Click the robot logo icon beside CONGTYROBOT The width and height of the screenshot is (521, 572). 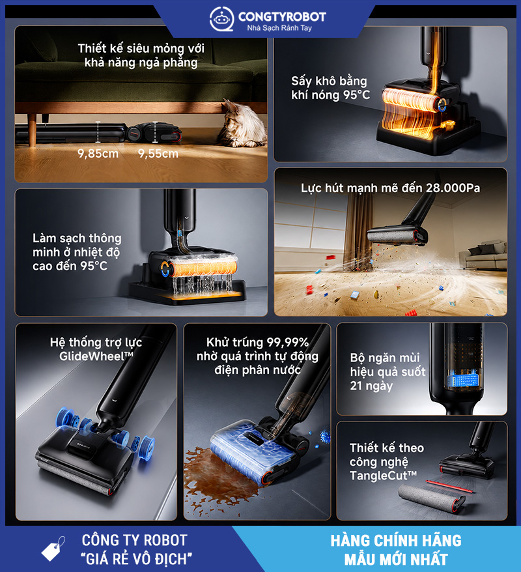221,18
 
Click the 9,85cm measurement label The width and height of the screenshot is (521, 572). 98,154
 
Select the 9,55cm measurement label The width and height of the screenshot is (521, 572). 158,154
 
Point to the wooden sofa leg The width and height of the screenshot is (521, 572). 33,130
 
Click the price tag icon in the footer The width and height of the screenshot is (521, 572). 53,549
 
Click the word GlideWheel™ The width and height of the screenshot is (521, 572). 96,356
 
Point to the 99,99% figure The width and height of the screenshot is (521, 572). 288,343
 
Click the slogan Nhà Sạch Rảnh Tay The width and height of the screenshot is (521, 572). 279,28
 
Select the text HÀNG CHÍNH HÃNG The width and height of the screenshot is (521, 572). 396,541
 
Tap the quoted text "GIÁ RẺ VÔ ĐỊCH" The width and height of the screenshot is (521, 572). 136,559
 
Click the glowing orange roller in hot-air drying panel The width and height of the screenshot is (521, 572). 413,100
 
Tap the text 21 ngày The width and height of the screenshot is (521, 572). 371,386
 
